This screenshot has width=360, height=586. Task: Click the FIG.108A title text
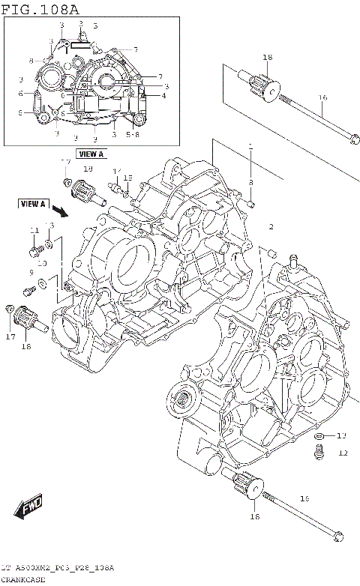pyautogui.click(x=39, y=8)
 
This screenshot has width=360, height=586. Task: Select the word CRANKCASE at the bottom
pyautogui.click(x=24, y=579)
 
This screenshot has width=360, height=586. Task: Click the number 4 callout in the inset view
pyautogui.click(x=163, y=95)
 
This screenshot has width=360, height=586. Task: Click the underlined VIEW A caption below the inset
pyautogui.click(x=91, y=154)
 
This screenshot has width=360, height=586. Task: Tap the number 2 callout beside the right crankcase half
pyautogui.click(x=271, y=226)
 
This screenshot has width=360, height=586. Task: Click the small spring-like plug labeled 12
pyautogui.click(x=320, y=450)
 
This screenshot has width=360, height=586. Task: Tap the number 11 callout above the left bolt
pyautogui.click(x=34, y=230)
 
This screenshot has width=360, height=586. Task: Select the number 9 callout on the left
pyautogui.click(x=31, y=272)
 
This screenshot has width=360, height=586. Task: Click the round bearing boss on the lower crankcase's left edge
pyautogui.click(x=181, y=395)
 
